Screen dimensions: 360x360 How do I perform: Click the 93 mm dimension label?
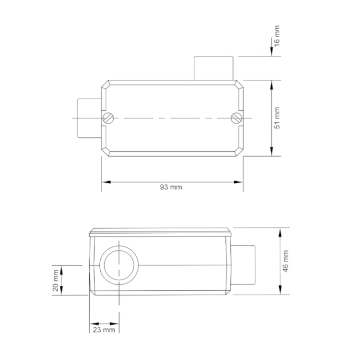pyautogui.click(x=171, y=187)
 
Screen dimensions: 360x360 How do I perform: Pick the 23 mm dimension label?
pyautogui.click(x=104, y=330)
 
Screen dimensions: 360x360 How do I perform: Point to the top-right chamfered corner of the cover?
pyautogui.click(x=240, y=85)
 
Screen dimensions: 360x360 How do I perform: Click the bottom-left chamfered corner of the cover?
pyautogui.click(x=105, y=151)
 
